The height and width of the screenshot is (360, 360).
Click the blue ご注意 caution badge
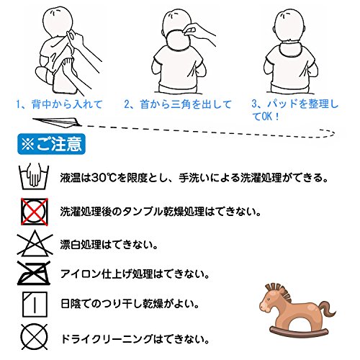click(51, 144)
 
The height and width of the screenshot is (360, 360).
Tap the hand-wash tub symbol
click(34, 176)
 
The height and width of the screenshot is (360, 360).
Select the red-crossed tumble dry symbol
click(35, 212)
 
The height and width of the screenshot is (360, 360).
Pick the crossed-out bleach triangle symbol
click(35, 243)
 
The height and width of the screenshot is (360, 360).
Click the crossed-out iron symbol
click(34, 273)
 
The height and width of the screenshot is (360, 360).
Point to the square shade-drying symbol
click(35, 304)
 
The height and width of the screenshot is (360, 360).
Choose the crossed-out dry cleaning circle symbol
click(35, 337)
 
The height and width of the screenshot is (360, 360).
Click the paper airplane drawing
click(57, 122)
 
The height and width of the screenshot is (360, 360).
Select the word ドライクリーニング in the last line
click(107, 339)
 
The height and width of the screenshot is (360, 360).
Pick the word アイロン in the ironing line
click(81, 274)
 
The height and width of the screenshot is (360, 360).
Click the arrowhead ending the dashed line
click(329, 132)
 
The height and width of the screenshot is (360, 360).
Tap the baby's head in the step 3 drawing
click(289, 26)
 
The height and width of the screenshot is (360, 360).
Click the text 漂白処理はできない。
click(109, 245)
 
